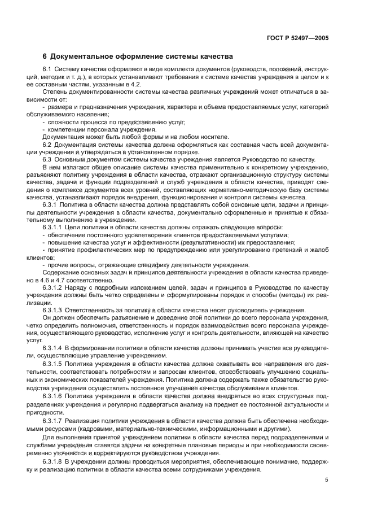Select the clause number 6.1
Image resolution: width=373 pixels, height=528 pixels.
pyautogui.click(x=47, y=69)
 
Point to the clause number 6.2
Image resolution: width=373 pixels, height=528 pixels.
pyautogui.click(x=47, y=144)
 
